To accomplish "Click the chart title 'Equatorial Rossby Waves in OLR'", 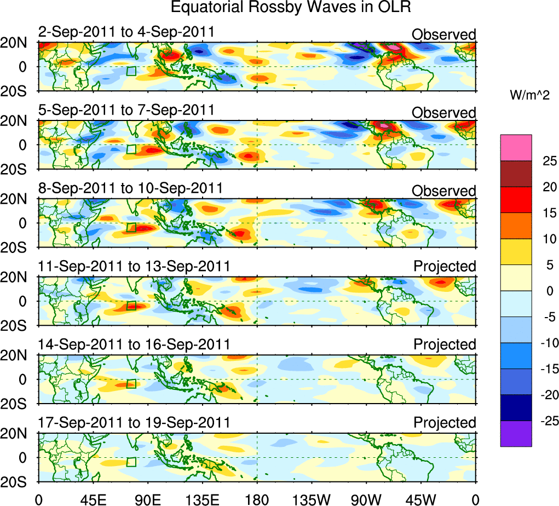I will [x=290, y=8].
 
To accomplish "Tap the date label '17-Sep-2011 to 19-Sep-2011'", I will [x=134, y=422].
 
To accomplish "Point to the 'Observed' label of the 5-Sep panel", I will [x=444, y=113].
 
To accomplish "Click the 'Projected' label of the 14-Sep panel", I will [x=445, y=344].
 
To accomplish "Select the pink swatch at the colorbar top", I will [x=516, y=148].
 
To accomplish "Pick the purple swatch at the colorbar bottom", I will [x=516, y=434].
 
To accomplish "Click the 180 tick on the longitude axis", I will [x=257, y=499].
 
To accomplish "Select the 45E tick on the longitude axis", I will [x=93, y=499].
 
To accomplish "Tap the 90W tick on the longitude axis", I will [x=366, y=499].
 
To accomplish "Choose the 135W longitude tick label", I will [x=312, y=499].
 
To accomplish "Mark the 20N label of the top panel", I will [x=18, y=43].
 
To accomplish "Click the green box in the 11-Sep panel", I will [x=131, y=306].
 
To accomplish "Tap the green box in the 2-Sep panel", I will [x=131, y=71].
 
